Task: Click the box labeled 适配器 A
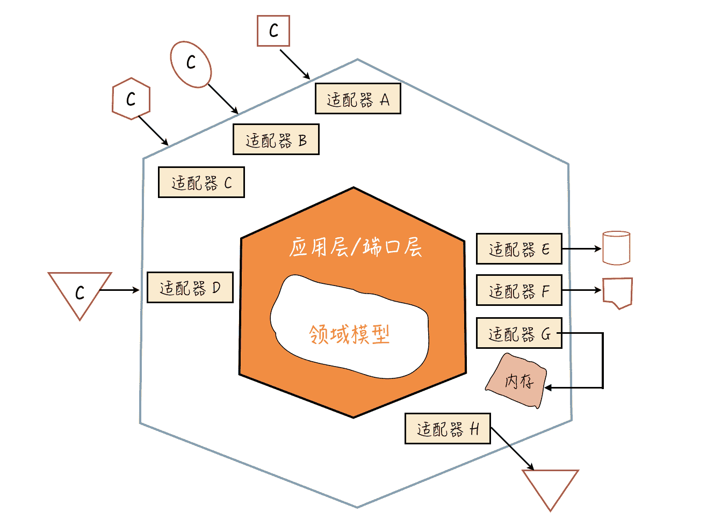tap(357, 99)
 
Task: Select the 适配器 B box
tap(276, 140)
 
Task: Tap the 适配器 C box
tap(201, 182)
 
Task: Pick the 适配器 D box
tap(190, 288)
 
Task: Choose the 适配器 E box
tap(519, 249)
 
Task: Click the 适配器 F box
tap(519, 290)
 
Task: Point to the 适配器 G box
tap(519, 333)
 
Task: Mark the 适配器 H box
tap(448, 428)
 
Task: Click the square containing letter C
tap(273, 31)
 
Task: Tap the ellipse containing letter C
tap(191, 64)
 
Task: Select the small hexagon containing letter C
tap(131, 99)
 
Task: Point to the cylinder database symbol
tap(616, 248)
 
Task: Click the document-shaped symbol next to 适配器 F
tap(617, 292)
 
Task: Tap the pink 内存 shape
tap(517, 382)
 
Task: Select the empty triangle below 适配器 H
tap(550, 485)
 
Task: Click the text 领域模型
tap(349, 334)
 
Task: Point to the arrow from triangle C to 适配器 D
tap(119, 290)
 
